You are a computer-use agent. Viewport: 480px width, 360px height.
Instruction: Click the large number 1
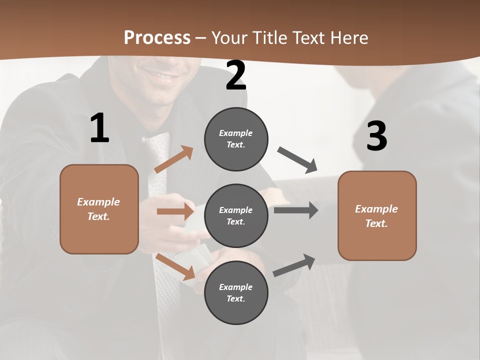point(99,128)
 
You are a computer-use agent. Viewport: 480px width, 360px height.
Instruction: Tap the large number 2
point(236,75)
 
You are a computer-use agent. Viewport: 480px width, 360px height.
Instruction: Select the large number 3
point(376,136)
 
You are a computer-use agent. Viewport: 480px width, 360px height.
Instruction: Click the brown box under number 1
point(99,209)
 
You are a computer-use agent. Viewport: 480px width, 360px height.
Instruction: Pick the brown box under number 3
point(377,215)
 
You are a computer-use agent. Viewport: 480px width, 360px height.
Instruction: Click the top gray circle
point(236,139)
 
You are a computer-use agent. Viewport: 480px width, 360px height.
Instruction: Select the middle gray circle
point(236,215)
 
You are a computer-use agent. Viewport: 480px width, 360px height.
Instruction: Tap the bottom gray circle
point(236,292)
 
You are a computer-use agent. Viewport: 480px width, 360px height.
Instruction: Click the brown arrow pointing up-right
point(174,159)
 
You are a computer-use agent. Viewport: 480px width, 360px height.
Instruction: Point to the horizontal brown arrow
point(175,211)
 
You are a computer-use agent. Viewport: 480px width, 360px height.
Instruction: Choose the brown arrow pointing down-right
point(175,266)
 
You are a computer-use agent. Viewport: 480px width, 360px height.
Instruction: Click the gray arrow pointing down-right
point(298,160)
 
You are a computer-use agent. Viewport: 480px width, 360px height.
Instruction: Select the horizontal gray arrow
point(296,210)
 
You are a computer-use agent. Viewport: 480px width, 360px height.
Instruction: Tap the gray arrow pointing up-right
point(294,265)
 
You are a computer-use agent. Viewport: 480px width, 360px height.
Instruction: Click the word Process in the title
point(157,37)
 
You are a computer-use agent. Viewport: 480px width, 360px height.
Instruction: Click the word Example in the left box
point(98,202)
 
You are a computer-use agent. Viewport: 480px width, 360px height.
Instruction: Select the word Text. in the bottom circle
point(236,298)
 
